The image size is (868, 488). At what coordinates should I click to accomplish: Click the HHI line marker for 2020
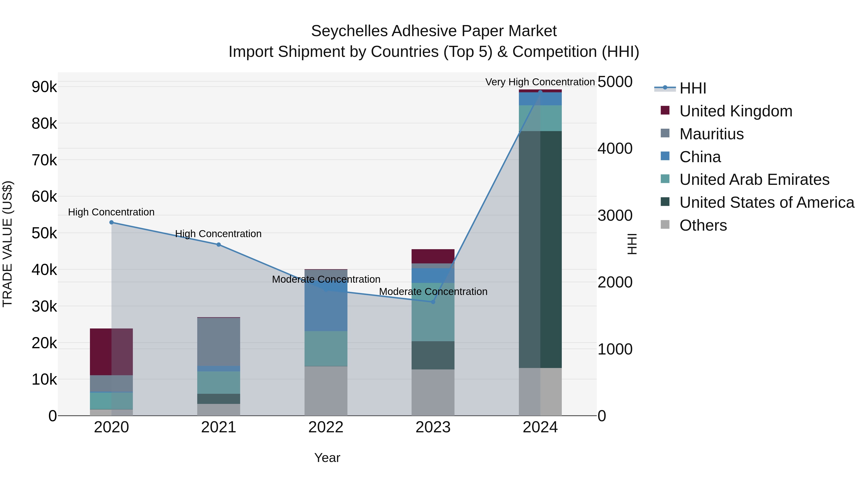click(x=112, y=222)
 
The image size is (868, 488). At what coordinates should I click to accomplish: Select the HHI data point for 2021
click(x=219, y=245)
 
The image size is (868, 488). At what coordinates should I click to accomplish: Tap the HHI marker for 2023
click(x=433, y=302)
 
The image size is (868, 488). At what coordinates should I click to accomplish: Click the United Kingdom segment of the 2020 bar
click(x=111, y=352)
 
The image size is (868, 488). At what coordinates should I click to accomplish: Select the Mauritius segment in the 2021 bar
click(x=219, y=341)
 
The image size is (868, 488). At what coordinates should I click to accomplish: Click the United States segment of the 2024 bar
click(x=540, y=249)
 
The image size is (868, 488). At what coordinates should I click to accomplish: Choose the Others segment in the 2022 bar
click(x=326, y=391)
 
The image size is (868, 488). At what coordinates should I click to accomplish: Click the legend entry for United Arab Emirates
click(x=754, y=180)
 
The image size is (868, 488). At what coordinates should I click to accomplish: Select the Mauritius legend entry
click(x=711, y=134)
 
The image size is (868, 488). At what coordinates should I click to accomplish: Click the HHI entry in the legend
click(x=692, y=88)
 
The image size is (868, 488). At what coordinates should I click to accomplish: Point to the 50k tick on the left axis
click(x=44, y=233)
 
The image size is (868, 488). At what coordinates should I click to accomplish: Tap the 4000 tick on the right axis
click(x=615, y=148)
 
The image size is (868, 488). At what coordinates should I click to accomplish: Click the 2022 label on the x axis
click(x=326, y=427)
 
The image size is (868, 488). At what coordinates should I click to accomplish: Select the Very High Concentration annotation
click(x=540, y=82)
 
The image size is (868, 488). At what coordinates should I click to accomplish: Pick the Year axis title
click(x=327, y=458)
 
